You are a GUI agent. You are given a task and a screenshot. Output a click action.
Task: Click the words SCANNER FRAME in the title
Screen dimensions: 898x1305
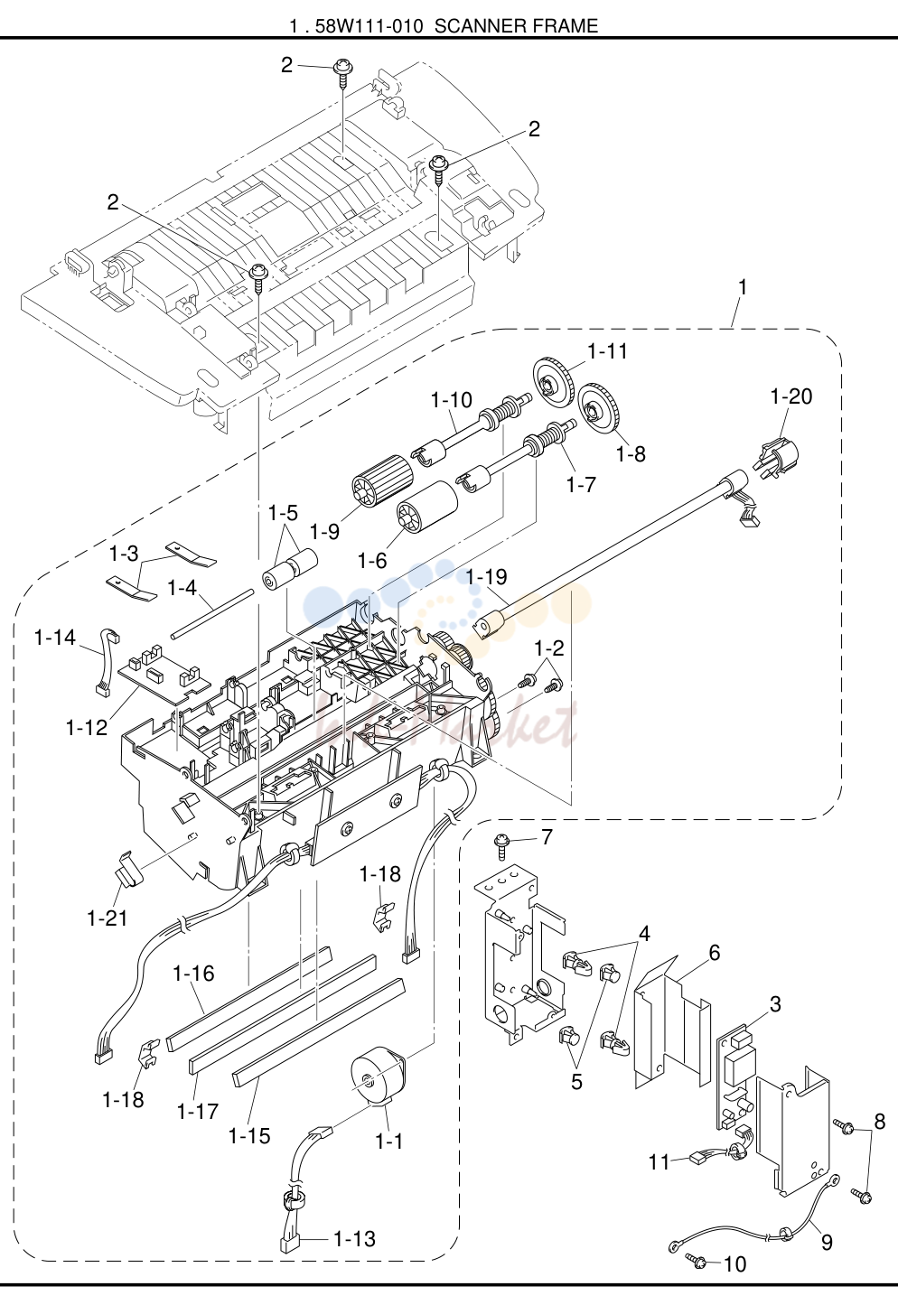517,26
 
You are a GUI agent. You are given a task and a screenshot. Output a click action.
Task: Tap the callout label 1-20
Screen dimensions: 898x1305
790,396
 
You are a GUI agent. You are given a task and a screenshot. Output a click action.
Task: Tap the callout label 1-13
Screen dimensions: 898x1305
354,1239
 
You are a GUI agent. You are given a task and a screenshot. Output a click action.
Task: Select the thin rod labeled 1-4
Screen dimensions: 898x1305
212,615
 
